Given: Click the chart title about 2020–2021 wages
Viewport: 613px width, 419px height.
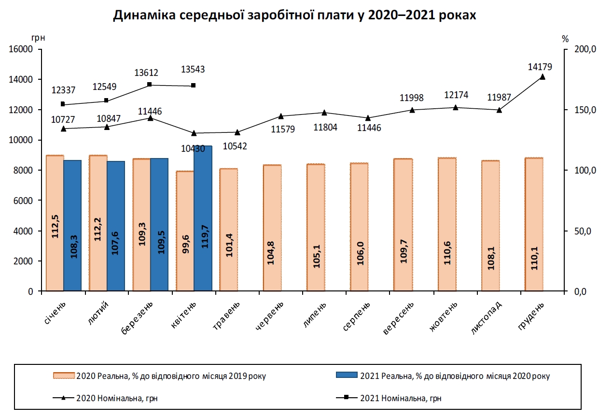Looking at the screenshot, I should point(294,15).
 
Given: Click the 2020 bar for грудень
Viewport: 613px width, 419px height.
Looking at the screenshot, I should point(534,224).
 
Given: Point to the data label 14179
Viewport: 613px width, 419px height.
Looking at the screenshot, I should point(540,67).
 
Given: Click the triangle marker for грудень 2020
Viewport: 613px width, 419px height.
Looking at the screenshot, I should point(543,77).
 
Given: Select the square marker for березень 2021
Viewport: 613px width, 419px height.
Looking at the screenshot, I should point(150,85).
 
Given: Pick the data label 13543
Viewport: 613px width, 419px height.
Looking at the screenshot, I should point(193,70).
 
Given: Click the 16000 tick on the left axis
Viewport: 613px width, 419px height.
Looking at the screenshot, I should point(22,49).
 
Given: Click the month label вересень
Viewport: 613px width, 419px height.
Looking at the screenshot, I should point(399,319).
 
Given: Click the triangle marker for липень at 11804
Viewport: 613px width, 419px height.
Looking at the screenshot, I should point(324,113).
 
